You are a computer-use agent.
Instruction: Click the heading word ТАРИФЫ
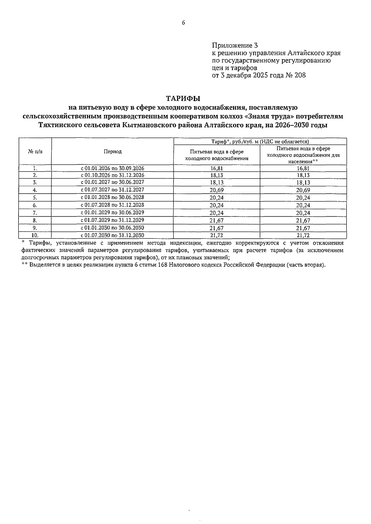pos(183,99)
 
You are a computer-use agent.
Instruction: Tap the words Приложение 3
pos(235,46)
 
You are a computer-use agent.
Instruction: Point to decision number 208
pos(300,75)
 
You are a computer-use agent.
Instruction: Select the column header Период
pos(113,151)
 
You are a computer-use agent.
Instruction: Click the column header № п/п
pos(35,151)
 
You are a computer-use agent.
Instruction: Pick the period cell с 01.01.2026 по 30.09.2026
pos(113,168)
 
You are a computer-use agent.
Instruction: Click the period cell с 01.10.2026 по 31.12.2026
pos(113,175)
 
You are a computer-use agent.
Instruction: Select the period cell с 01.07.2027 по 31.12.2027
pos(113,190)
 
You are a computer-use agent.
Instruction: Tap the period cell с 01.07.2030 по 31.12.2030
pos(113,235)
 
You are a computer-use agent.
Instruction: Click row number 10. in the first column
pos(35,235)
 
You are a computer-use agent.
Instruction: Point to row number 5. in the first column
pos(35,197)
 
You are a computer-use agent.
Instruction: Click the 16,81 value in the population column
pos(303,168)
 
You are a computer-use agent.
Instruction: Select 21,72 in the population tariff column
pos(303,236)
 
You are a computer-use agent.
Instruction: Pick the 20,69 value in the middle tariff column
pos(216,190)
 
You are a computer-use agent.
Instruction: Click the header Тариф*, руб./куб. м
pos(235,142)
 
